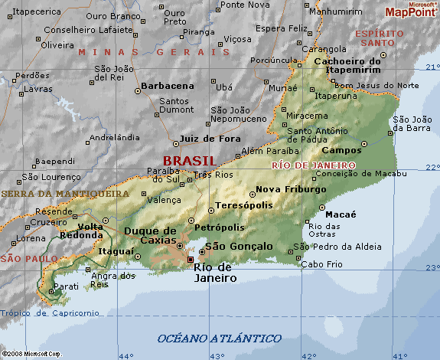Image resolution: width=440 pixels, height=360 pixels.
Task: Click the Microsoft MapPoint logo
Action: pyautogui.click(x=409, y=9)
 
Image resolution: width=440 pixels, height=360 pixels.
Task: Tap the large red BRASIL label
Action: pyautogui.click(x=189, y=160)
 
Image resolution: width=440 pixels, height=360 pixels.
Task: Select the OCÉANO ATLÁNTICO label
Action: pyautogui.click(x=219, y=338)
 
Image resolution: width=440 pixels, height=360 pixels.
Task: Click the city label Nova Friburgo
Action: pyautogui.click(x=286, y=189)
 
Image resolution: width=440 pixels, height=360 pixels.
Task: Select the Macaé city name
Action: pyautogui.click(x=342, y=214)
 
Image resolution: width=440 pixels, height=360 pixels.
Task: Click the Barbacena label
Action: pyautogui.click(x=168, y=87)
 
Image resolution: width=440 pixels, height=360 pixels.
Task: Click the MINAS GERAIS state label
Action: pyautogui.click(x=153, y=51)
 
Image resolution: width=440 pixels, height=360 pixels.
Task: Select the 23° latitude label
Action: pyautogui.click(x=432, y=267)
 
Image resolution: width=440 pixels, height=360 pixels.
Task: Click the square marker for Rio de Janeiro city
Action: pyautogui.click(x=191, y=260)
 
